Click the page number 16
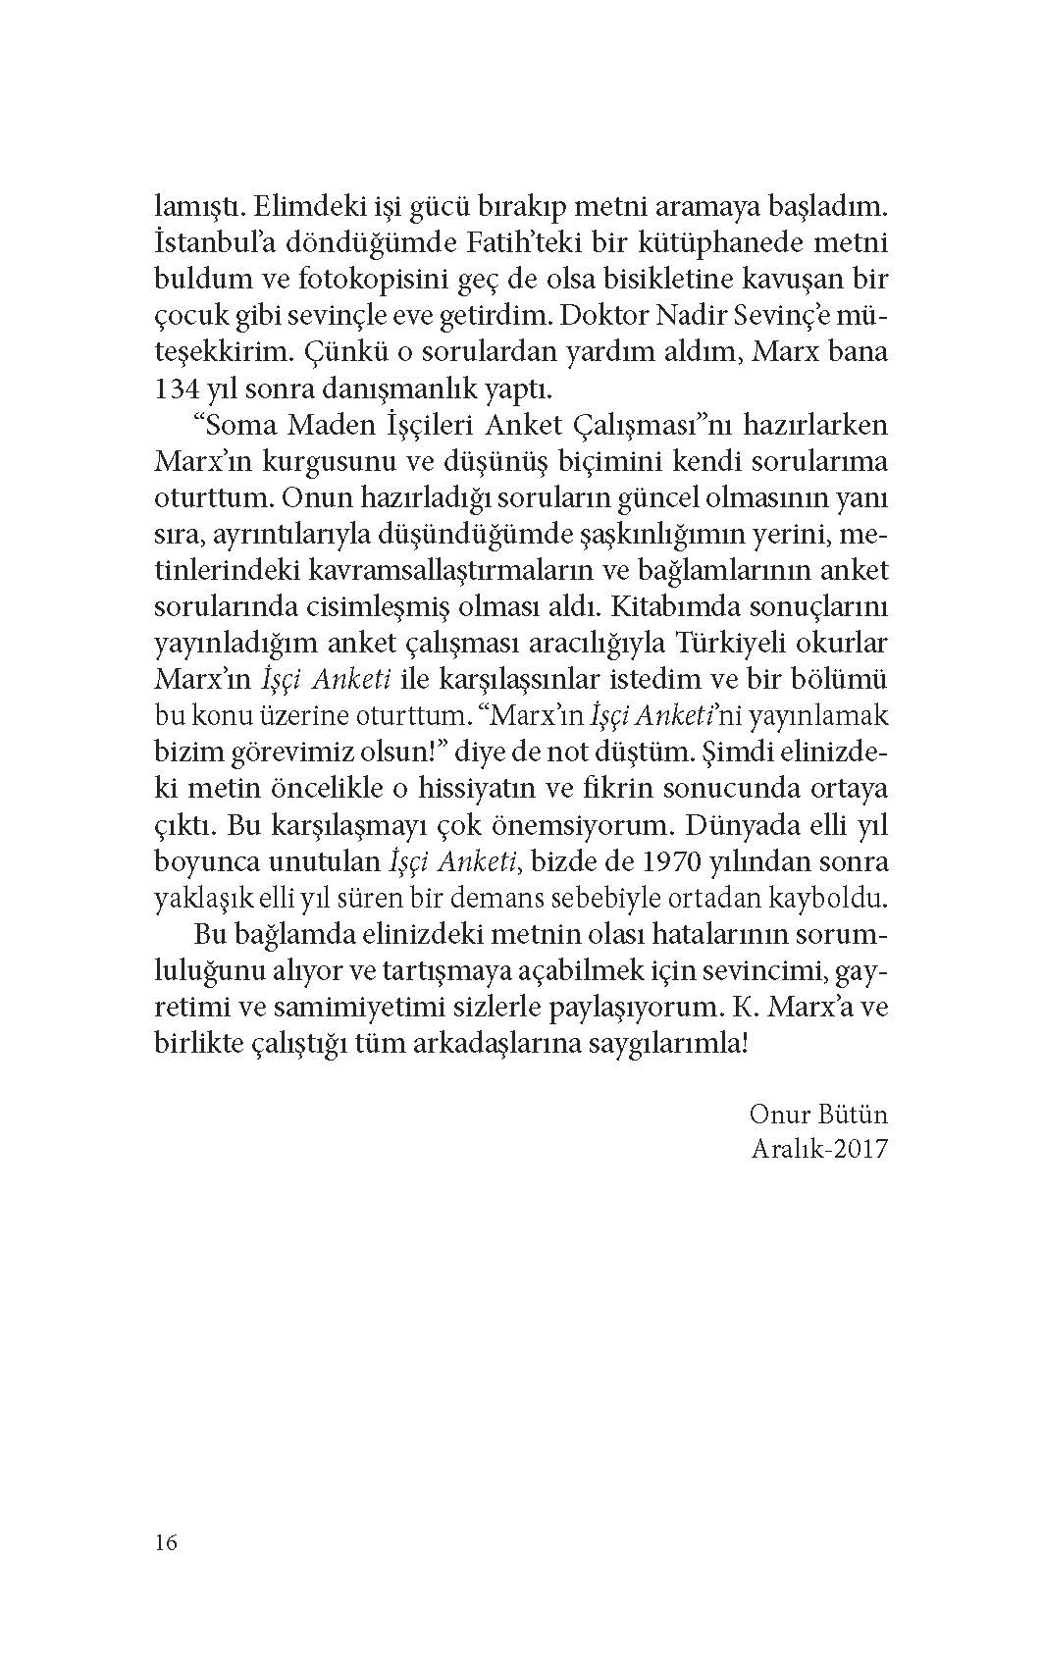(x=166, y=1542)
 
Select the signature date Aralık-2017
(x=817, y=1149)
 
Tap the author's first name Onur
(x=779, y=1116)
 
